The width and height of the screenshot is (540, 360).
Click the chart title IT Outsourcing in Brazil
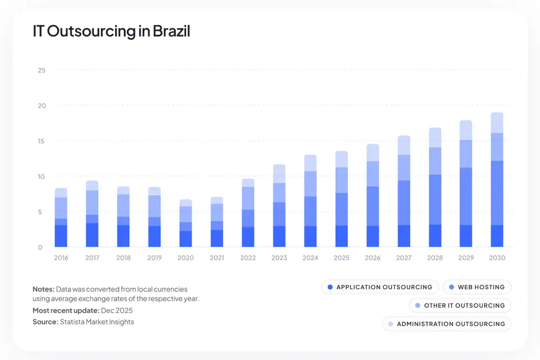pyautogui.click(x=111, y=31)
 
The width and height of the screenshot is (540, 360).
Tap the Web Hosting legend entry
pyautogui.click(x=477, y=287)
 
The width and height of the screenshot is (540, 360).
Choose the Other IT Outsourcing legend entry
pyautogui.click(x=460, y=305)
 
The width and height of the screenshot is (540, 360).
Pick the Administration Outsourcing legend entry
pyautogui.click(x=446, y=324)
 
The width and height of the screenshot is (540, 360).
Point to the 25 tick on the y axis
pyautogui.click(x=42, y=70)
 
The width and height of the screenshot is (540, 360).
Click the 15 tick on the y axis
pyautogui.click(x=42, y=141)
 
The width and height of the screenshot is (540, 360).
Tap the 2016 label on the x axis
pyautogui.click(x=61, y=258)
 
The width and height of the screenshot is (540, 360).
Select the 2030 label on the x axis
pyautogui.click(x=497, y=258)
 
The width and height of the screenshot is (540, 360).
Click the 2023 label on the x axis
pyautogui.click(x=279, y=258)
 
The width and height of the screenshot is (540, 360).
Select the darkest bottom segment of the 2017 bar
pyautogui.click(x=92, y=235)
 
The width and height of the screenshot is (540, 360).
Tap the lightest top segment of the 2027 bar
pyautogui.click(x=403, y=145)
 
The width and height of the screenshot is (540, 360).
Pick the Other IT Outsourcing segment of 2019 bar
pyautogui.click(x=154, y=206)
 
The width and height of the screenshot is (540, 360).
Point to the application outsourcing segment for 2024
pyautogui.click(x=310, y=236)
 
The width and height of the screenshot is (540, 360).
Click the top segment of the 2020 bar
pyautogui.click(x=186, y=202)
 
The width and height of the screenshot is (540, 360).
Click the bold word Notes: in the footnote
pyautogui.click(x=43, y=290)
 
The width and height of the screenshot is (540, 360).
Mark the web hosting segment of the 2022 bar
pyautogui.click(x=248, y=218)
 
